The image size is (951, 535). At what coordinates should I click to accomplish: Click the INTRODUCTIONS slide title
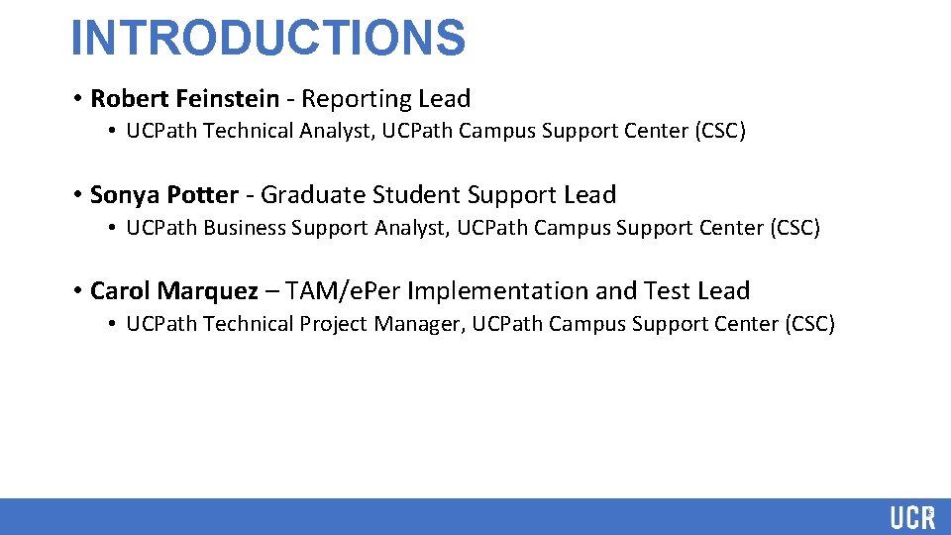coord(267,38)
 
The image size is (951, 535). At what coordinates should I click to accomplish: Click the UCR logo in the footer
coord(911,517)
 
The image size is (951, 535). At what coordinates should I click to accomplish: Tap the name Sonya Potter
coord(164,195)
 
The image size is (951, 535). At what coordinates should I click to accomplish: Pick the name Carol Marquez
coord(174,291)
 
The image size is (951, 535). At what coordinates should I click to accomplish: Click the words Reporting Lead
coord(386,99)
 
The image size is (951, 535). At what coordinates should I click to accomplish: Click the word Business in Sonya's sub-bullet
coord(244,228)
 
